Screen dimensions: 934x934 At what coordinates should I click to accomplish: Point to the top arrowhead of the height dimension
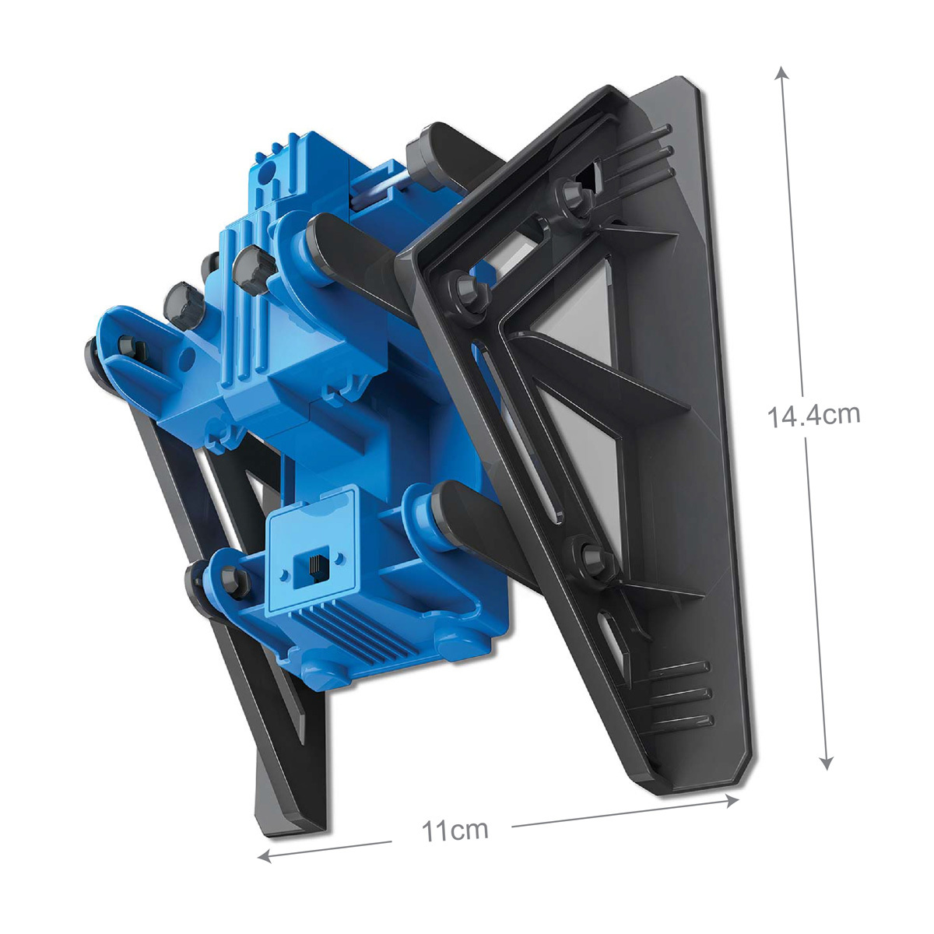(781, 73)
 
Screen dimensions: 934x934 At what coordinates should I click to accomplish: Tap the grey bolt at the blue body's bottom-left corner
(233, 579)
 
